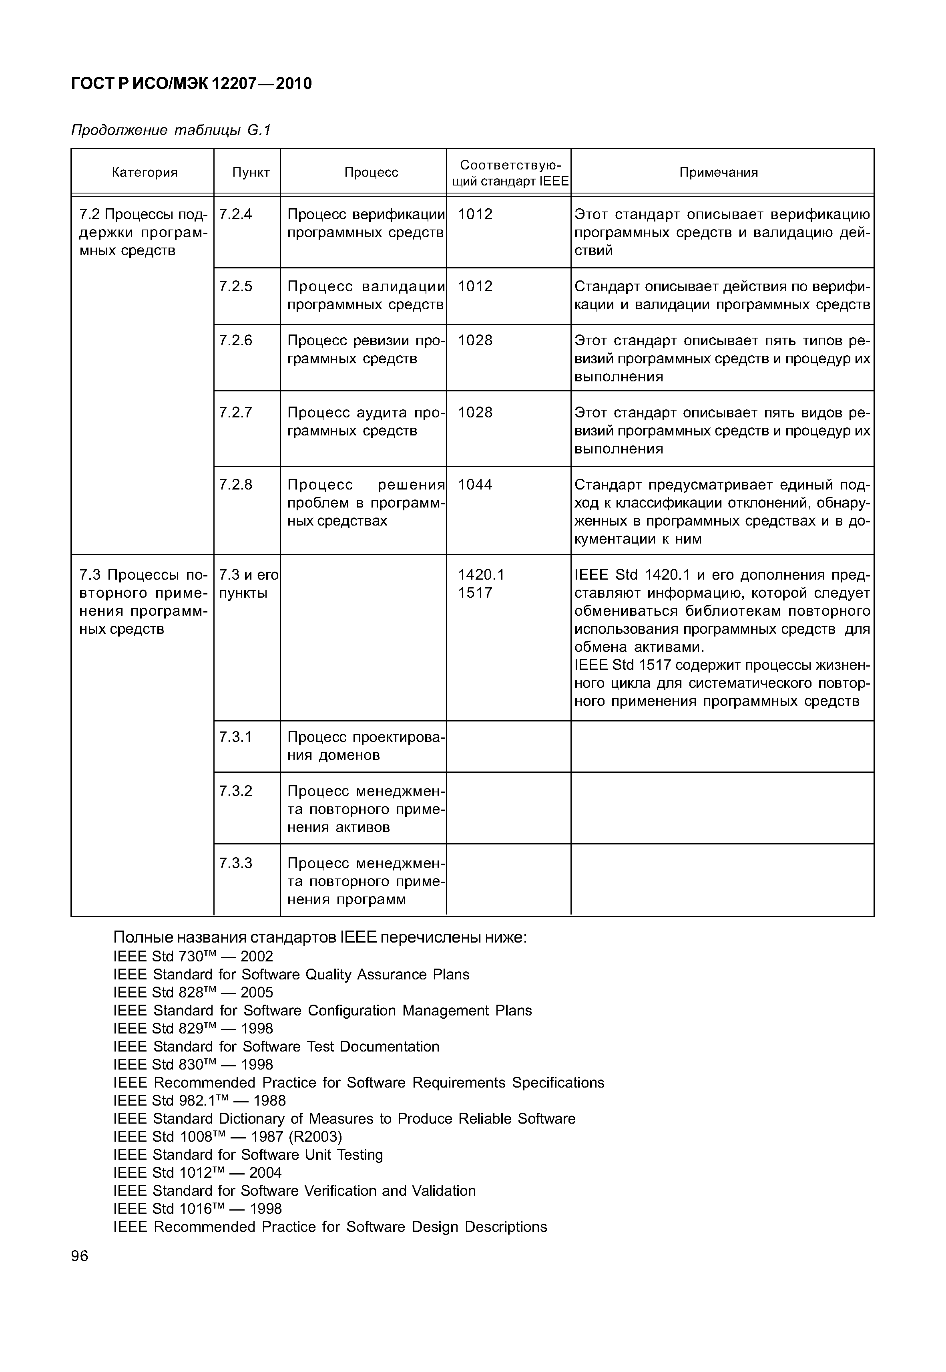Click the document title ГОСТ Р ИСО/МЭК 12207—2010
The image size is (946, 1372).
point(191,84)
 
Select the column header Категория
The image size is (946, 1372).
point(145,173)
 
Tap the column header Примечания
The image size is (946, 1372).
point(718,173)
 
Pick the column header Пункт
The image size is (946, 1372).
point(251,173)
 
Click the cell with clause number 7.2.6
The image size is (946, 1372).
point(235,340)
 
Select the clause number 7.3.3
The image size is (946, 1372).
point(235,863)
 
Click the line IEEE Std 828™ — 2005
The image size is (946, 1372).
point(193,993)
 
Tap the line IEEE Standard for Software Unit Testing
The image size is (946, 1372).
point(248,1154)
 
